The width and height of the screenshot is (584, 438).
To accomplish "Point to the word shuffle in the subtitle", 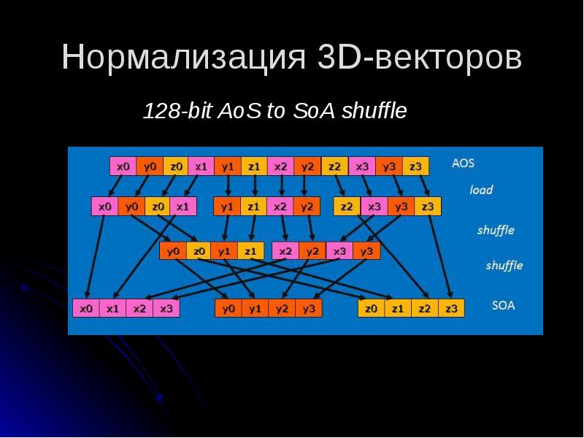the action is click(x=374, y=112).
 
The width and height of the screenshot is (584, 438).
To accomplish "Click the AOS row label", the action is click(x=463, y=164).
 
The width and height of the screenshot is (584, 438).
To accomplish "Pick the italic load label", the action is click(x=481, y=190).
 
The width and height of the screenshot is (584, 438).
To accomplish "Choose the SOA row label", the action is click(x=503, y=305).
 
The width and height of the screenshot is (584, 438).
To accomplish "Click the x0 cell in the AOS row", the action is click(x=123, y=166).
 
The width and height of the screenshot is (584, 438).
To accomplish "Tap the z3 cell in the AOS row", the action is click(x=415, y=166).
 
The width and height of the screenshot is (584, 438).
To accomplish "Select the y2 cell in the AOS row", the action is click(x=307, y=166).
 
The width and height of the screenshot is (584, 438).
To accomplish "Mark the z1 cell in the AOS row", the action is click(x=254, y=166).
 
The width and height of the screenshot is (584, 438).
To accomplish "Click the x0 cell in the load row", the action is click(x=104, y=207).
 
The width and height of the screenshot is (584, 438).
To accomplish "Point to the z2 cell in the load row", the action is click(x=347, y=207).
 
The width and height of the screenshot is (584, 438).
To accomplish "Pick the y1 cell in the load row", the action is click(x=227, y=207).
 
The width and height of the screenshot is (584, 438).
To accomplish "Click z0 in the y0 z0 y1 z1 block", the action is click(x=199, y=252).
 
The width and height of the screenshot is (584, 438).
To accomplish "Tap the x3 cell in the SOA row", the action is click(x=166, y=308).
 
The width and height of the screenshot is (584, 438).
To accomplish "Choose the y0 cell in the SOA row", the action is click(x=228, y=308).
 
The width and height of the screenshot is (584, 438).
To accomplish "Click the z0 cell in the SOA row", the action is click(x=371, y=308).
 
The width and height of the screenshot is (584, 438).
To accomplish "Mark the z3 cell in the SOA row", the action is click(x=451, y=308).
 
